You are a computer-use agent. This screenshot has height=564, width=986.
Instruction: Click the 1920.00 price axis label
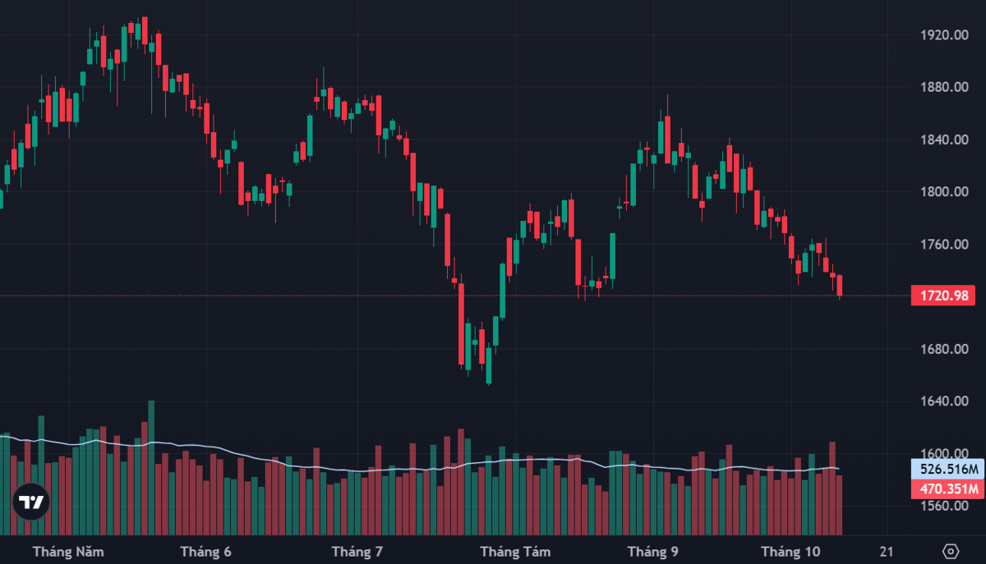coord(945,34)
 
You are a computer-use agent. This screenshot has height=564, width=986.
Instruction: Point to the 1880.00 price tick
coord(945,87)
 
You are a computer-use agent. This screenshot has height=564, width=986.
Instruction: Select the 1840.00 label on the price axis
coord(945,140)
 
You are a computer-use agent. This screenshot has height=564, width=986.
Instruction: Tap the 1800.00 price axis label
coord(945,192)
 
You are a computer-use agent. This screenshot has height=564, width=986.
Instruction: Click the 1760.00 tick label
coord(945,244)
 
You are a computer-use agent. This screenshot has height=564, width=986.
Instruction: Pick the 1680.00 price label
coord(945,349)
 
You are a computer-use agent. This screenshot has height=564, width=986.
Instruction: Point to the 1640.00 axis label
coord(945,401)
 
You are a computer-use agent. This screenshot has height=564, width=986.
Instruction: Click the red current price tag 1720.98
coord(943,296)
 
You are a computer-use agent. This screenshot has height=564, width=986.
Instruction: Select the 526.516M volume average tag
coord(947,469)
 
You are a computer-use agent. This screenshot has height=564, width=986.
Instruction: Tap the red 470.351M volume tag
coord(947,489)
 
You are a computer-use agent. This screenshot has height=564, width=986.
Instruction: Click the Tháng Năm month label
coord(68,552)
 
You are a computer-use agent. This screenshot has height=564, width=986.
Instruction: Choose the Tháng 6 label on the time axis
coord(205,552)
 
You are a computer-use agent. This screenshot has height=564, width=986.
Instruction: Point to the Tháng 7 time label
coord(357,552)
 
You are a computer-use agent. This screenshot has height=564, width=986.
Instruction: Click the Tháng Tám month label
coord(515,552)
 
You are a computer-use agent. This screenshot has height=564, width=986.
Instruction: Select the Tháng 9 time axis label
coord(652,552)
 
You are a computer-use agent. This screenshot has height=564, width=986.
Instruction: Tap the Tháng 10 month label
coord(790,552)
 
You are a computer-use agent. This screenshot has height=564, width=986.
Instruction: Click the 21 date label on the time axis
coord(887,552)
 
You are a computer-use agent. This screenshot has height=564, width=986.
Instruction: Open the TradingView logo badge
coord(31,502)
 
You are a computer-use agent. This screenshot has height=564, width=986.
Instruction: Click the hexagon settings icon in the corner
coord(951,551)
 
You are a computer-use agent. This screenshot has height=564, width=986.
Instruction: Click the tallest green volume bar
coord(151,468)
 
